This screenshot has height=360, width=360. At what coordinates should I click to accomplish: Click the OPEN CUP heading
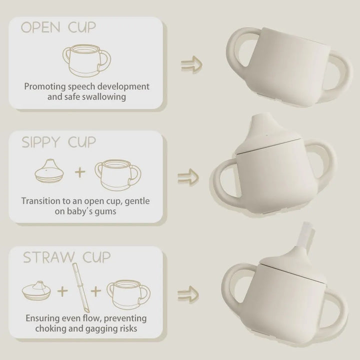click(58, 27)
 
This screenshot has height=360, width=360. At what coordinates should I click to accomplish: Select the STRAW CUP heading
click(66, 258)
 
